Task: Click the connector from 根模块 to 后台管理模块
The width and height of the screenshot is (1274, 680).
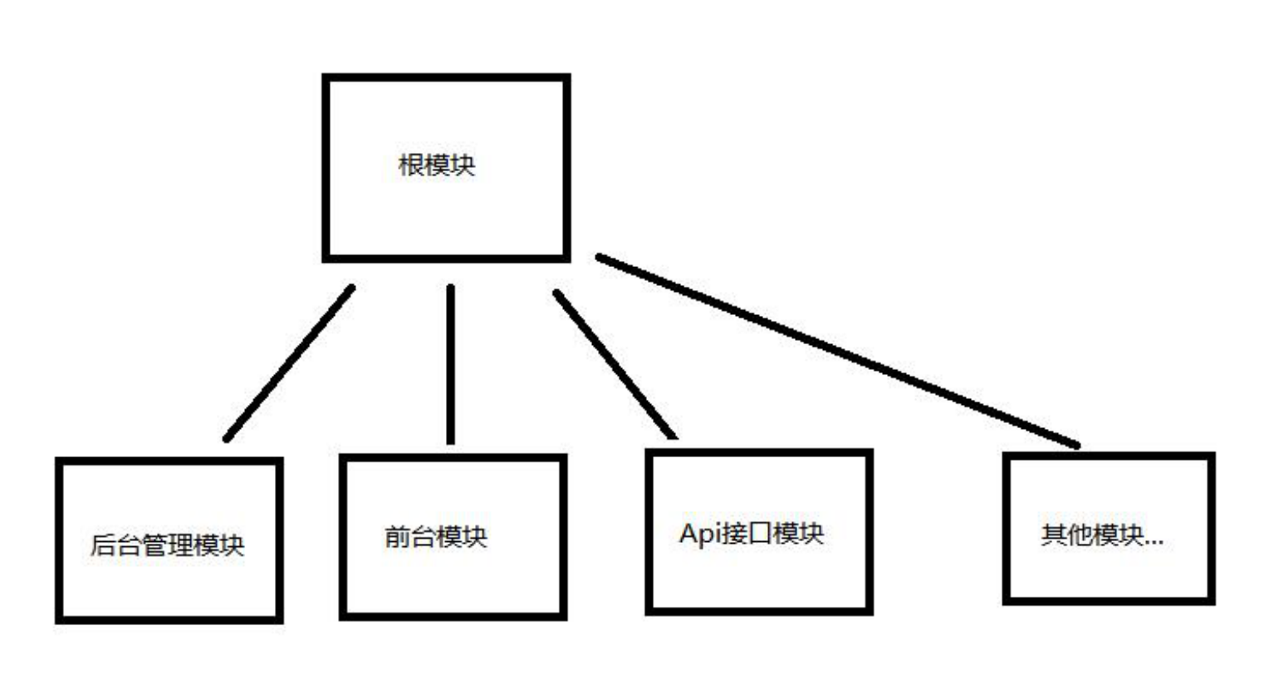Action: pos(288,363)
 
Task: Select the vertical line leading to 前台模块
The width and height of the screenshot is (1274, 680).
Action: pos(450,364)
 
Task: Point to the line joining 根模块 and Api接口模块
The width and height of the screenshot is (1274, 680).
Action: pos(615,363)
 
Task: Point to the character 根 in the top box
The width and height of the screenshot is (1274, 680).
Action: pos(411,165)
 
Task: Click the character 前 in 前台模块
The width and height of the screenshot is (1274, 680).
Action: pos(397,536)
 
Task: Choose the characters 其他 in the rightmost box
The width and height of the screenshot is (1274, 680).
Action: pos(1066,535)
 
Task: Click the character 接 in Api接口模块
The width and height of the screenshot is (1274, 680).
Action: pos(735,533)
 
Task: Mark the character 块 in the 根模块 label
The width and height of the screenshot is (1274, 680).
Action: pos(463,165)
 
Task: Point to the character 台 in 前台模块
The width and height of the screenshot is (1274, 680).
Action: pos(423,536)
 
